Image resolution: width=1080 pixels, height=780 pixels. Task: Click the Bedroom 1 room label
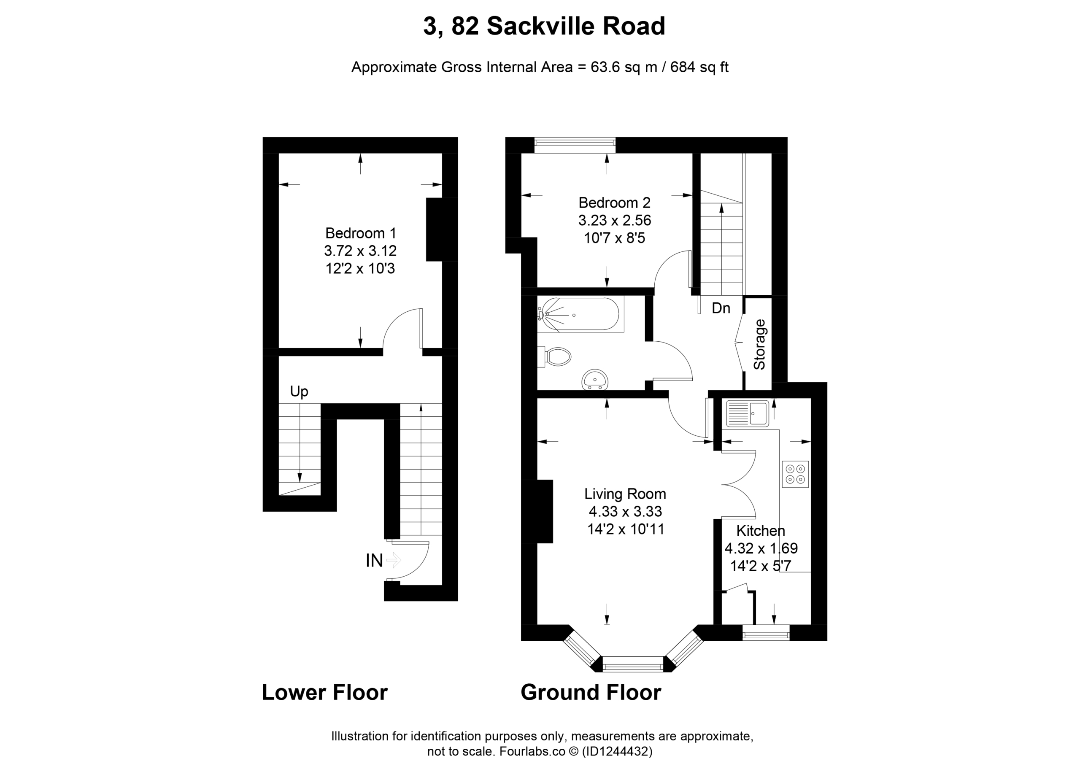tap(360, 233)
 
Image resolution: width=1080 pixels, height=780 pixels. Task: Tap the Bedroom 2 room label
tap(614, 203)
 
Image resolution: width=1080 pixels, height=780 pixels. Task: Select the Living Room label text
tap(625, 494)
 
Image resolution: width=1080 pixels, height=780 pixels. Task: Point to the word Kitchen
tap(761, 531)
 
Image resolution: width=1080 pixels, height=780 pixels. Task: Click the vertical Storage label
tap(759, 344)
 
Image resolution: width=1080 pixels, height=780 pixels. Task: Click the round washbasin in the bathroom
tap(595, 379)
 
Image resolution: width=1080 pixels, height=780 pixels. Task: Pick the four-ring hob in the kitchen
tap(795, 474)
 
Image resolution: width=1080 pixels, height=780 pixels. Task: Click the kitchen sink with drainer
tap(748, 413)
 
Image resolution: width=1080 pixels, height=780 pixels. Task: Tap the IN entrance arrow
tap(393, 559)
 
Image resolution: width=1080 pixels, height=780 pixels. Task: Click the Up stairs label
tap(299, 391)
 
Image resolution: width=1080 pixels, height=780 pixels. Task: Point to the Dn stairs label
tap(721, 308)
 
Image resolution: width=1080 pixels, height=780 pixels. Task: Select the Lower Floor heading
tap(325, 692)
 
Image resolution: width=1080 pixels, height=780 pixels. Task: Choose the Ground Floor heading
tap(591, 692)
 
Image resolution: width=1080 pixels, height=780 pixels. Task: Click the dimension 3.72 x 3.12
tap(360, 251)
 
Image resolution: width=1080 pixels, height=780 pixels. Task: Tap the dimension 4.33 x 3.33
tap(625, 511)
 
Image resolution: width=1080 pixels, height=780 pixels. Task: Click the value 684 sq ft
tap(699, 67)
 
